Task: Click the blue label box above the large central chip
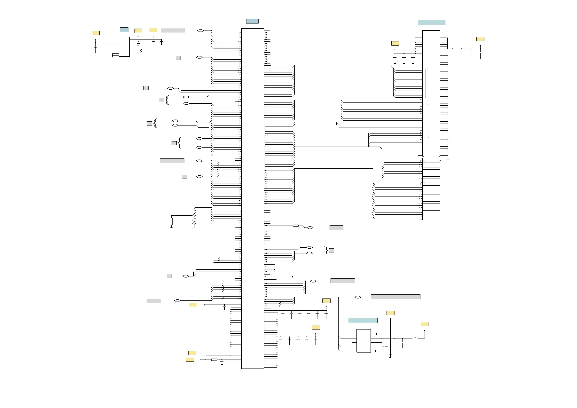coord(252,21)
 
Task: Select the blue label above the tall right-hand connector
coord(431,22)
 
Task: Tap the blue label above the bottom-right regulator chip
coord(362,320)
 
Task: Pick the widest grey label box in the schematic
coord(395,297)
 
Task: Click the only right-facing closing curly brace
coord(326,250)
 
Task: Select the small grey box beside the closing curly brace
coord(332,250)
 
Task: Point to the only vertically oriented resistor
coord(171,221)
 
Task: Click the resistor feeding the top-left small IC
coord(106,43)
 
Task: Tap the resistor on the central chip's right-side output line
coord(296,226)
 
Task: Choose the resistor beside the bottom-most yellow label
coord(214,360)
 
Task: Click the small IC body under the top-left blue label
coord(124,47)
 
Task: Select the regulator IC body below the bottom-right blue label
coord(364,341)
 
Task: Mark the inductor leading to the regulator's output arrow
coord(415,338)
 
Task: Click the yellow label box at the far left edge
coord(96,33)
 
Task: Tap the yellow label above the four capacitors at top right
coord(480,39)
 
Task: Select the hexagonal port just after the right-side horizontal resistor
coord(310,228)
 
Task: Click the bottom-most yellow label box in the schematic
coord(190,360)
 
